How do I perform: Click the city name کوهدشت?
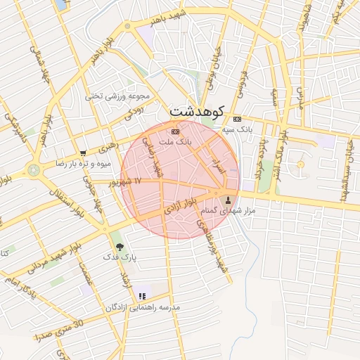tap(197, 111)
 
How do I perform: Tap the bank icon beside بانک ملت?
tap(175, 131)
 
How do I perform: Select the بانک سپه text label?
tap(237, 129)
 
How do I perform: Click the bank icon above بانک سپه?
tap(237, 119)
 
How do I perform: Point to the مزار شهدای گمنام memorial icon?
tap(227, 200)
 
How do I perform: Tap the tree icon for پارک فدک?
tap(120, 247)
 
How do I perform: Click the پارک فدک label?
tap(121, 258)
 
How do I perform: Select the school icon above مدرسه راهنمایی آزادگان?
tap(143, 297)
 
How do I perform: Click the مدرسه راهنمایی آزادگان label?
tap(143, 307)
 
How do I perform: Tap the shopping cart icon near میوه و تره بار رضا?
tap(84, 153)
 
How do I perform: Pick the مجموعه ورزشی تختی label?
tap(118, 95)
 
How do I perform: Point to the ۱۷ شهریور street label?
tap(127, 181)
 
